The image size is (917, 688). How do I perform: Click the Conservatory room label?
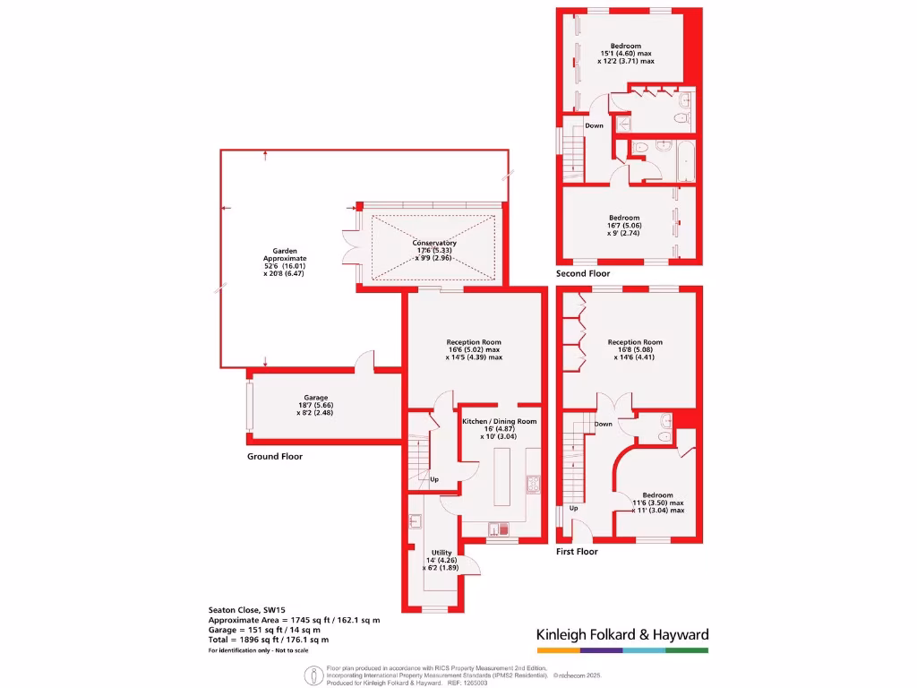[434, 244]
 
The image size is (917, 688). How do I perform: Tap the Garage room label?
[315, 398]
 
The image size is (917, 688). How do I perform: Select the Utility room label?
[441, 553]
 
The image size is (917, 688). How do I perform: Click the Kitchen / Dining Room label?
[499, 421]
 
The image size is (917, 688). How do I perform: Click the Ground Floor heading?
[275, 457]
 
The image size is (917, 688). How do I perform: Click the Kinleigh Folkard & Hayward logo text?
[622, 634]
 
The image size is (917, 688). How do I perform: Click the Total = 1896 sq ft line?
[269, 640]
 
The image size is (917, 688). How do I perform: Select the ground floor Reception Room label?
[474, 342]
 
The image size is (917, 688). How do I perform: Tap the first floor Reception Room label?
[635, 342]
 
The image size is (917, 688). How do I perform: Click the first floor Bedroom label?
[657, 495]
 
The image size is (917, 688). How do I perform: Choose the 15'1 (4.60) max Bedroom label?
[626, 46]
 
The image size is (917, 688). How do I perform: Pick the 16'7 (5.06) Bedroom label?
[624, 218]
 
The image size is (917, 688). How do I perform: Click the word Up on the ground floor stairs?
[435, 480]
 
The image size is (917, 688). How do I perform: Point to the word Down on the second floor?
[594, 126]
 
